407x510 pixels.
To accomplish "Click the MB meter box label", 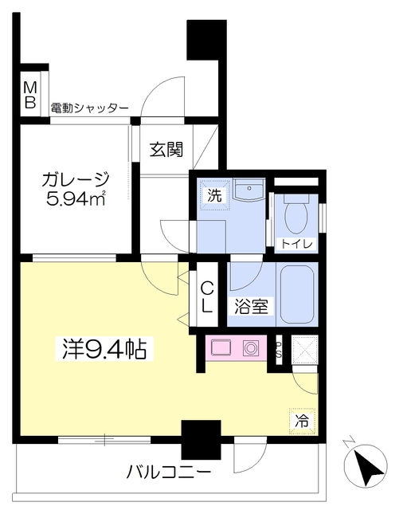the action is pyautogui.click(x=30, y=94).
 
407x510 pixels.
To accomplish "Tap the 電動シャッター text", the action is pyautogui.click(x=89, y=108).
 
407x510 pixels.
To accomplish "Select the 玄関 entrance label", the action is pyautogui.click(x=166, y=149).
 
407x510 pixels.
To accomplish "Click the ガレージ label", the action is pyautogui.click(x=76, y=179).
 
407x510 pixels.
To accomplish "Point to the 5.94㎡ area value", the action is pyautogui.click(x=76, y=198).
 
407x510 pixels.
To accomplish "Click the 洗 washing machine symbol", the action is pyautogui.click(x=214, y=194).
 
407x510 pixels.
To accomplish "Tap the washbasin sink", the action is pyautogui.click(x=249, y=190).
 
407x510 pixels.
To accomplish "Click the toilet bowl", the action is pyautogui.click(x=295, y=214).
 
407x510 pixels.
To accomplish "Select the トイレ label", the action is pyautogui.click(x=296, y=244).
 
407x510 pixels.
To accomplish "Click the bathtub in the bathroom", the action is pyautogui.click(x=297, y=295).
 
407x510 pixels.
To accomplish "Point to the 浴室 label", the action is pyautogui.click(x=251, y=306).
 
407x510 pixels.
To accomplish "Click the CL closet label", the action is pyautogui.click(x=207, y=297).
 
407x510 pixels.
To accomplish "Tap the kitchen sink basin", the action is pyautogui.click(x=221, y=347).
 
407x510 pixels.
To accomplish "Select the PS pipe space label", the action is pyautogui.click(x=280, y=349).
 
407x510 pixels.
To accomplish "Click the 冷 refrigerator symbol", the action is pyautogui.click(x=303, y=422).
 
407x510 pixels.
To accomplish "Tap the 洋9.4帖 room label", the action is pyautogui.click(x=104, y=349).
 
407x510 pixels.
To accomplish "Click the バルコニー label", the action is pyautogui.click(x=169, y=472).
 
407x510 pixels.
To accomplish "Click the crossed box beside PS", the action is pyautogui.click(x=304, y=350).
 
